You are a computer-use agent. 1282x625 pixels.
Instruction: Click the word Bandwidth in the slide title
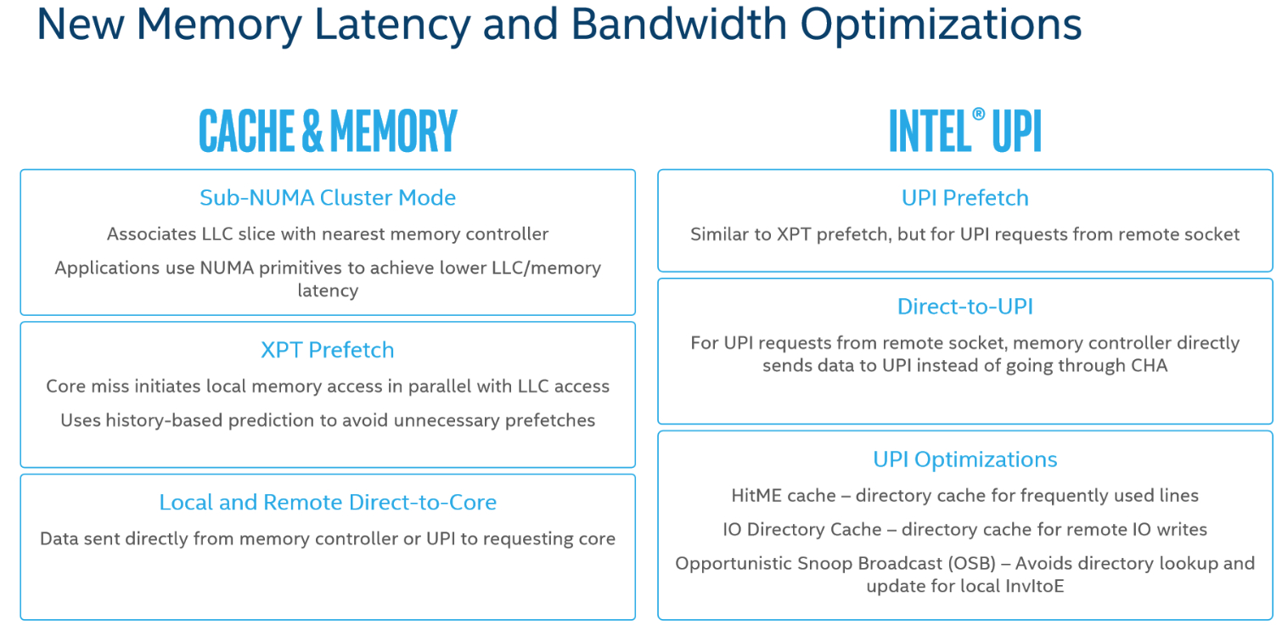point(679,24)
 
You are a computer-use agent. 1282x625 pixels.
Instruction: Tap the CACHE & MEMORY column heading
point(328,131)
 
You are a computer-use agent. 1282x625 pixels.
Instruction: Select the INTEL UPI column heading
point(965,131)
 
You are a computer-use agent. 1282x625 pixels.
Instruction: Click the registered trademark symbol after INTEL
point(978,114)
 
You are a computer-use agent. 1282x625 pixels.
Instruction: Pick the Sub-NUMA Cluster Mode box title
point(328,198)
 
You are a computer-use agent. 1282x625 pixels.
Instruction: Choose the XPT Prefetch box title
point(328,350)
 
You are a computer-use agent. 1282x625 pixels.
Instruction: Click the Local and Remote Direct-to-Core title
point(328,502)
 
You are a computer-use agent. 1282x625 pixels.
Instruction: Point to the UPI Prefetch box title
point(965,198)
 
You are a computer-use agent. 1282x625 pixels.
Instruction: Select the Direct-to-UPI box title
point(965,307)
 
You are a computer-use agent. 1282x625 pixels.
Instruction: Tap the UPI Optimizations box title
point(965,459)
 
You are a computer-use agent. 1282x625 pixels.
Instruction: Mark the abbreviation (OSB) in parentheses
point(972,564)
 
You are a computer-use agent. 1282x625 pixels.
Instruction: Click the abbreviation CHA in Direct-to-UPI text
point(1149,366)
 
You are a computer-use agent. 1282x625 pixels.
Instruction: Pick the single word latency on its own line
point(328,290)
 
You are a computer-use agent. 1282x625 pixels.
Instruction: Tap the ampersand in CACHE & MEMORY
point(312,131)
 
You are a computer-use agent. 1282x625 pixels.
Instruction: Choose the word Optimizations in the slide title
point(941,25)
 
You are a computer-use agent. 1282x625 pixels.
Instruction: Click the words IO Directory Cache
point(801,529)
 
